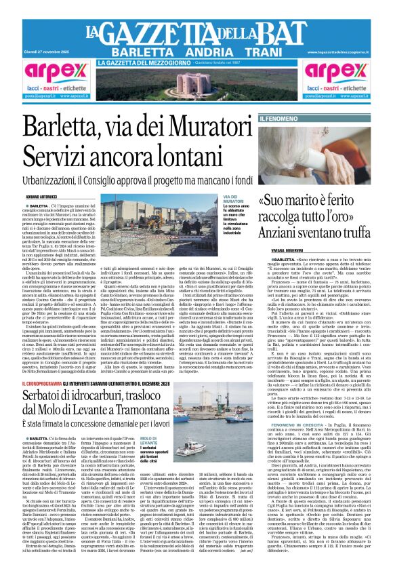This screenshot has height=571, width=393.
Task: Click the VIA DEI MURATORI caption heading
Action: click(234, 199)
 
